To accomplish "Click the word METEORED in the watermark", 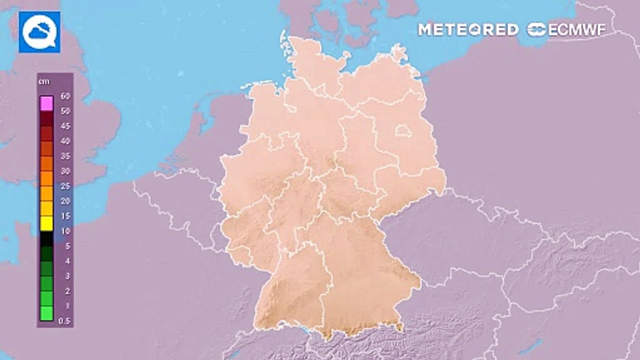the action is click(468, 30).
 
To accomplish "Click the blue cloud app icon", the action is click(39, 32).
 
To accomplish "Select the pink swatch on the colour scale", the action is click(46, 103).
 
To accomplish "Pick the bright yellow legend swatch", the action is click(46, 223).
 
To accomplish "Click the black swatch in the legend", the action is click(46, 238).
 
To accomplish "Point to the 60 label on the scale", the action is click(65, 95).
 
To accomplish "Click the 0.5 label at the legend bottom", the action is click(64, 321).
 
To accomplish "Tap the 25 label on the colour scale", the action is click(65, 186).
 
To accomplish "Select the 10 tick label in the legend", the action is click(65, 231).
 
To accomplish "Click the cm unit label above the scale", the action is click(44, 82).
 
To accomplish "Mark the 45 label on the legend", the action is click(65, 126).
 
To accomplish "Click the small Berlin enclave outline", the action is click(403, 132).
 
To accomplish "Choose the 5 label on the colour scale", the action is click(67, 246).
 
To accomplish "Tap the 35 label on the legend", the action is click(65, 156).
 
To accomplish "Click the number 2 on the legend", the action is click(67, 291).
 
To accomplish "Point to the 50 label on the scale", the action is click(65, 111).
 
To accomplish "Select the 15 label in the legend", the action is click(65, 216).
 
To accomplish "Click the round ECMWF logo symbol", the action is click(536, 30).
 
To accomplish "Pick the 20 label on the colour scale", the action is click(65, 201).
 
